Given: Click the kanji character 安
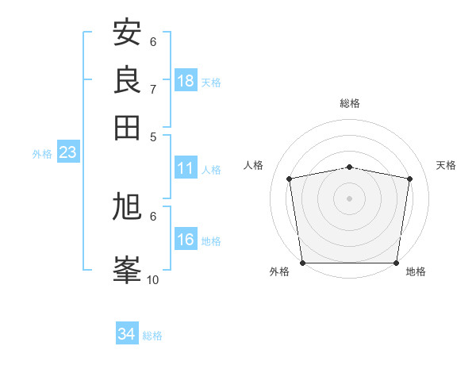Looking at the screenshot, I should [128, 33].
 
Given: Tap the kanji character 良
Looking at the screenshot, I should [128, 79].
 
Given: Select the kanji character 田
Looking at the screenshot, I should [128, 127].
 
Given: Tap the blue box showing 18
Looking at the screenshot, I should [186, 81].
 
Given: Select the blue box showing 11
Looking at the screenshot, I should [186, 168].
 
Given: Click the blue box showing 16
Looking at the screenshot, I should [186, 240].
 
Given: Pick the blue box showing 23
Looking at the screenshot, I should [67, 152].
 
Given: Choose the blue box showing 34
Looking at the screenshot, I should [127, 335].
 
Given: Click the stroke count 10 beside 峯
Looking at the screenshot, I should [153, 279].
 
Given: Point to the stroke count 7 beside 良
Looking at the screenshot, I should [153, 88].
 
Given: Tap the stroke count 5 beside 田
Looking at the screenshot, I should [153, 136].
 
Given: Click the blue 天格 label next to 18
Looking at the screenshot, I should [211, 83].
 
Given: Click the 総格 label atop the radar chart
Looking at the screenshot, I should [350, 103].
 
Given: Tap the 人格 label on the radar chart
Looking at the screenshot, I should [254, 165].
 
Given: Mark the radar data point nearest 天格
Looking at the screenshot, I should [410, 179].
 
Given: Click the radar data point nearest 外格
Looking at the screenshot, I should [302, 263].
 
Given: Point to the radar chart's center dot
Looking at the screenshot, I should [350, 198].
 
